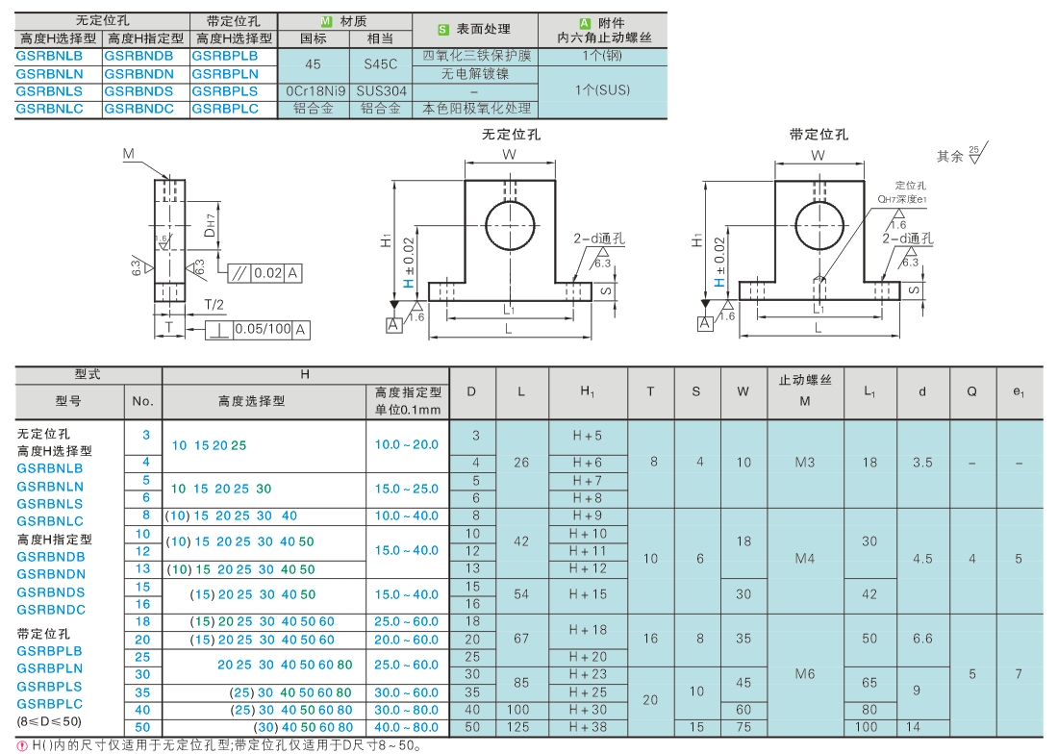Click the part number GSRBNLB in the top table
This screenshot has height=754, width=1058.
[49, 56]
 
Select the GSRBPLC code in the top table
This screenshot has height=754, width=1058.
[225, 109]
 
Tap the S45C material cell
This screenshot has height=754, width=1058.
[381, 64]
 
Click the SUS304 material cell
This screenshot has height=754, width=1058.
[381, 91]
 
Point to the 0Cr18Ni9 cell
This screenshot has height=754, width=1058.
[315, 91]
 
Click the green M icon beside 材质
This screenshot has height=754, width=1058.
[327, 21]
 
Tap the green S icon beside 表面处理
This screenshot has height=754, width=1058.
[443, 30]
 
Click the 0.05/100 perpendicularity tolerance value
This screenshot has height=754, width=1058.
[264, 329]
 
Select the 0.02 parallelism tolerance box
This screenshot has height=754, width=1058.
[268, 273]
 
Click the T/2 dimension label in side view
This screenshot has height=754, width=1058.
[214, 305]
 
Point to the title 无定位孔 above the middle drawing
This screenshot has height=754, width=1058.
[511, 135]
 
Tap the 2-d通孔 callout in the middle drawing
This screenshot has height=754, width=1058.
[599, 239]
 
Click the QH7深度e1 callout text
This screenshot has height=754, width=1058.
[901, 199]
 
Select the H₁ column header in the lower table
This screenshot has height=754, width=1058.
[588, 391]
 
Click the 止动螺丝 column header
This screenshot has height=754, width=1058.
[805, 381]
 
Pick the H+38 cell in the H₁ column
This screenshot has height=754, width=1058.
[588, 728]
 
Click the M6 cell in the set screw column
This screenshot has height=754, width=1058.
[805, 674]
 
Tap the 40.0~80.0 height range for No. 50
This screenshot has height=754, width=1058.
[407, 728]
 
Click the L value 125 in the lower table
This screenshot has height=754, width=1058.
[521, 728]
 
